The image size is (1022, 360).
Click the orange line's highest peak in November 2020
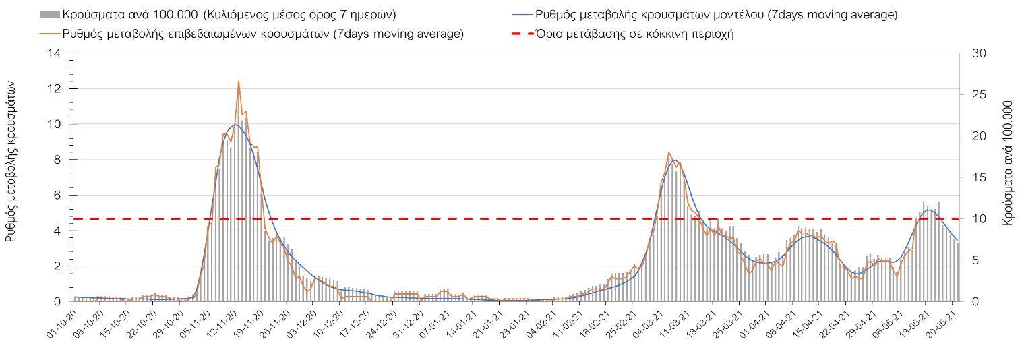[x=239, y=82]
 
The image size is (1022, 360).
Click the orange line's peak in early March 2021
[x=668, y=152]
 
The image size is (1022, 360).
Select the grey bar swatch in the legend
[x=49, y=14]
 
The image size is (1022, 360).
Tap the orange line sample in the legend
[x=49, y=34]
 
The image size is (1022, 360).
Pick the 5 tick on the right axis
[x=971, y=260]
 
